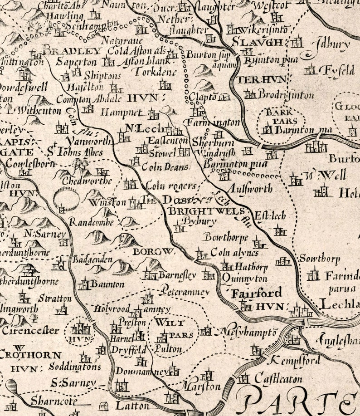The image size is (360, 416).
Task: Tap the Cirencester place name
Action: tap(30, 330)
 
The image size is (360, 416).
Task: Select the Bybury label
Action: tap(193, 221)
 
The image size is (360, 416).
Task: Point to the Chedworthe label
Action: tap(89, 181)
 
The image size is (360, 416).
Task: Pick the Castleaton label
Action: tap(277, 377)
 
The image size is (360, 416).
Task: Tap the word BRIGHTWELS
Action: tap(207, 211)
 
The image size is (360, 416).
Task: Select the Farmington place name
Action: tap(212, 122)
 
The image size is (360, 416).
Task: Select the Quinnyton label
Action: tap(245, 279)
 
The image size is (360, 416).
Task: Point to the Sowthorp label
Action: tap(319, 259)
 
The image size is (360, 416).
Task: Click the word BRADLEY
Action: tap(73, 51)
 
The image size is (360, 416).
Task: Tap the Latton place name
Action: tap(132, 405)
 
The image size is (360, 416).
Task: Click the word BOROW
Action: tap(154, 251)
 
